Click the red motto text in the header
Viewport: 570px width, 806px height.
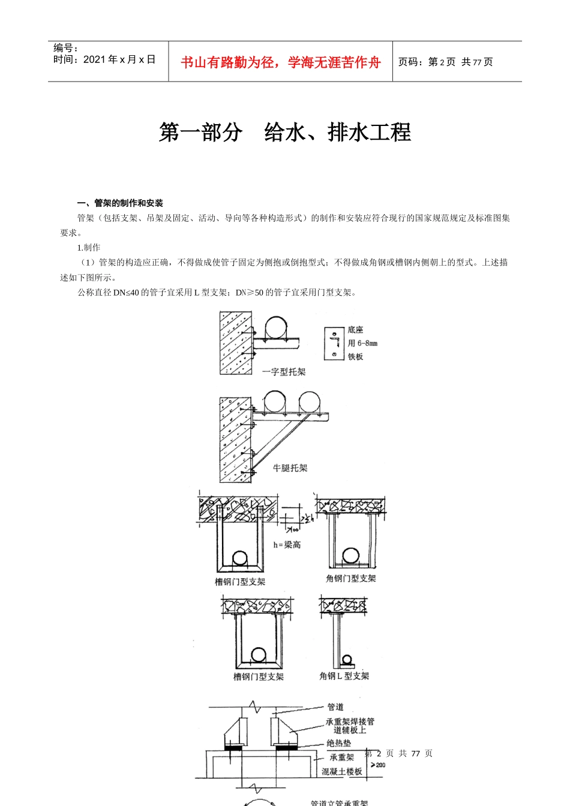[280, 62]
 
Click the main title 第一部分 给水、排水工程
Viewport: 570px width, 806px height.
[285, 133]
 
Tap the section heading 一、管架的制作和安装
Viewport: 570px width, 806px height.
[120, 203]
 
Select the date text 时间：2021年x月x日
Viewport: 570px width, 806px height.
[104, 59]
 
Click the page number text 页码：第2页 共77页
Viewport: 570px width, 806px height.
[446, 62]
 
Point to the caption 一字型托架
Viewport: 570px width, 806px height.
[284, 372]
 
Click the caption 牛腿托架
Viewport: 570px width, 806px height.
[290, 468]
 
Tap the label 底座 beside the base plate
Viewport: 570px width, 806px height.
[355, 330]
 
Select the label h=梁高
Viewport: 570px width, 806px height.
[287, 545]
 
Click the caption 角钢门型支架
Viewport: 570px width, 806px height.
[350, 578]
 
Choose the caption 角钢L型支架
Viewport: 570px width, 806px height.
[344, 676]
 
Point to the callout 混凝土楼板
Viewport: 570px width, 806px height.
[341, 772]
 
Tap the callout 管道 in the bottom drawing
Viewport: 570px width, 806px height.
[335, 707]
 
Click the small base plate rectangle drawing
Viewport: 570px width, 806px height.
[334, 344]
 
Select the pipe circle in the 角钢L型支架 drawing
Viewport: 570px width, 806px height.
[347, 660]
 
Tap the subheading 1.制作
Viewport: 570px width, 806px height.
[89, 248]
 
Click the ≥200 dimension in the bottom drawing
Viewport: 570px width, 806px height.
[378, 765]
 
